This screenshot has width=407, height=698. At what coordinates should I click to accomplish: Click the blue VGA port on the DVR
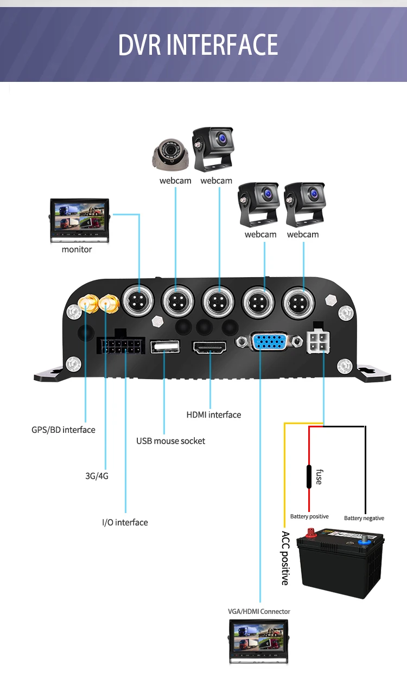click(x=269, y=342)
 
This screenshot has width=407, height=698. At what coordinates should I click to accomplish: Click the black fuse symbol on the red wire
click(x=309, y=477)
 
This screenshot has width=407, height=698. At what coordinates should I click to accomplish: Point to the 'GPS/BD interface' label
click(x=63, y=430)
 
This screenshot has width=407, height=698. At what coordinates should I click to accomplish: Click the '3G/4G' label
click(x=97, y=476)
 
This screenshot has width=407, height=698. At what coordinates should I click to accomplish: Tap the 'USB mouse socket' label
click(x=170, y=441)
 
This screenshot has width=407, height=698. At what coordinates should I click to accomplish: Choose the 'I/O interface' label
click(x=125, y=522)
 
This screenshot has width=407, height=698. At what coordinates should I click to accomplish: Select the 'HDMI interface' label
click(x=213, y=415)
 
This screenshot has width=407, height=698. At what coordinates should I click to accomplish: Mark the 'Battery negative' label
click(x=364, y=518)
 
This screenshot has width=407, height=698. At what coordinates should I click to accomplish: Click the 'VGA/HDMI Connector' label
click(x=259, y=611)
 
